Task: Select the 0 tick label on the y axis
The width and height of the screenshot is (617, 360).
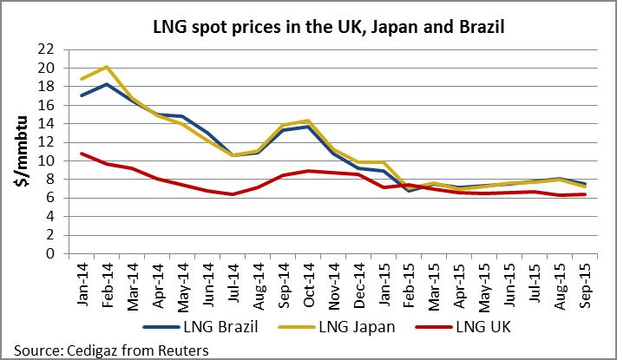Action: pyautogui.click(x=52, y=254)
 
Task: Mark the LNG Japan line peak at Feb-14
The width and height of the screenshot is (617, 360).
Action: pyautogui.click(x=105, y=67)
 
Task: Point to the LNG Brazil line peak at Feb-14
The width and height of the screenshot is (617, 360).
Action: pyautogui.click(x=105, y=84)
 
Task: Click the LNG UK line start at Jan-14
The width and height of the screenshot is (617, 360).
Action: pyautogui.click(x=81, y=154)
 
